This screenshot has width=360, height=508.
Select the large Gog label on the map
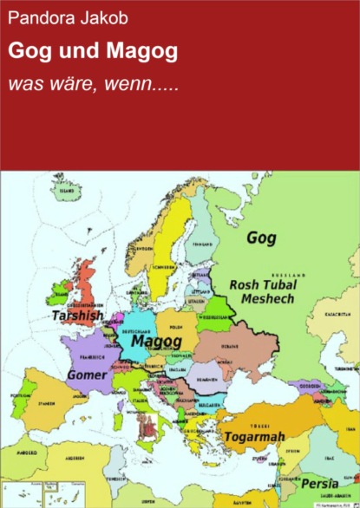pos(264,237)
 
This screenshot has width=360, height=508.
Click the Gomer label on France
pos(87,376)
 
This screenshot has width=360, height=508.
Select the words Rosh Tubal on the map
pos(264,283)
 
